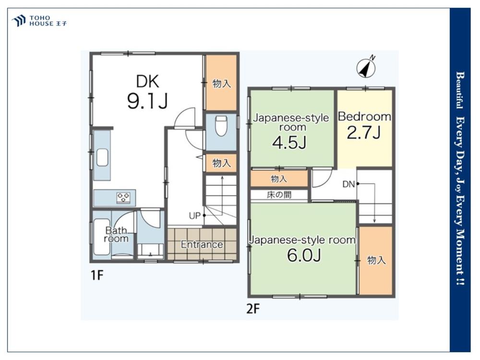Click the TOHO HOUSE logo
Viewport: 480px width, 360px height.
(39, 21)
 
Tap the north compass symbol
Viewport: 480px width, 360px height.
(366, 68)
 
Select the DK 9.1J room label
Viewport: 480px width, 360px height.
(147, 92)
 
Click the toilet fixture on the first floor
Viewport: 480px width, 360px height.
(220, 125)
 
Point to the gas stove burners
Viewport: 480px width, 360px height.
(123, 197)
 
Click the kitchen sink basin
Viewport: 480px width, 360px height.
(102, 157)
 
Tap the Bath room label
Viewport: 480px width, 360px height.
(116, 234)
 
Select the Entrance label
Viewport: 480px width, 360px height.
(202, 244)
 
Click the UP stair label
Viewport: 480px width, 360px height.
(194, 216)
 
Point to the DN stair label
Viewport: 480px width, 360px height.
(348, 184)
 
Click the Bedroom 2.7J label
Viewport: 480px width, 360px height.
(364, 125)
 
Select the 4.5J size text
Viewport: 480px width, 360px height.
(289, 143)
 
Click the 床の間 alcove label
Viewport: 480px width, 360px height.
(279, 195)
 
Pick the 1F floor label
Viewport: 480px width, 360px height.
(97, 276)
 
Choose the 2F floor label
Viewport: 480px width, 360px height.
(253, 309)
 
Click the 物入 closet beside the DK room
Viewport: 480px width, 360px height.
(221, 83)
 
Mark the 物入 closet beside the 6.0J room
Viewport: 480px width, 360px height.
(376, 261)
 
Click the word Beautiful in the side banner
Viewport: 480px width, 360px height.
(460, 90)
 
